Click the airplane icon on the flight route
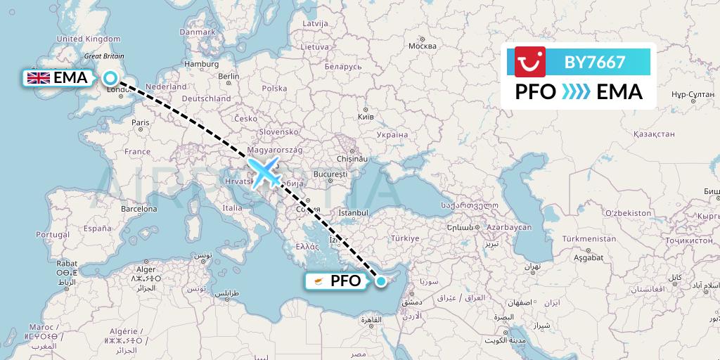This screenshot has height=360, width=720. tap(265, 172)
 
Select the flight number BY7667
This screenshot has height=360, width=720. tap(595, 62)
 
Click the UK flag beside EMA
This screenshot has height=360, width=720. tap(38, 78)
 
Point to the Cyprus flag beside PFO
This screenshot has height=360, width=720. tap(317, 281)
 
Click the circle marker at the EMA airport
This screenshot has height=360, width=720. tap(111, 78)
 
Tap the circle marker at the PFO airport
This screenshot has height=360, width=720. tap(380, 281)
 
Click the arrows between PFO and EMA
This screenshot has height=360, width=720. tap(577, 91)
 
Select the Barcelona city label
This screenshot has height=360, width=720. tap(139, 209)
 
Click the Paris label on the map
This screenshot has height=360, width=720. tap(141, 122)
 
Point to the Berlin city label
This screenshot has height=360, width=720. tap(229, 76)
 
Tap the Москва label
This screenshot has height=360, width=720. tap(423, 46)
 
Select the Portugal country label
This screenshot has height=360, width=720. tap(53, 234)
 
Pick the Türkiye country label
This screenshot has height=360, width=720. tap(405, 239)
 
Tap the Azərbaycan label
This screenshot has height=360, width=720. tap(508, 228)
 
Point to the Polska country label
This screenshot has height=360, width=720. tap(274, 89)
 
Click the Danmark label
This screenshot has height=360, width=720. tap(198, 32)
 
